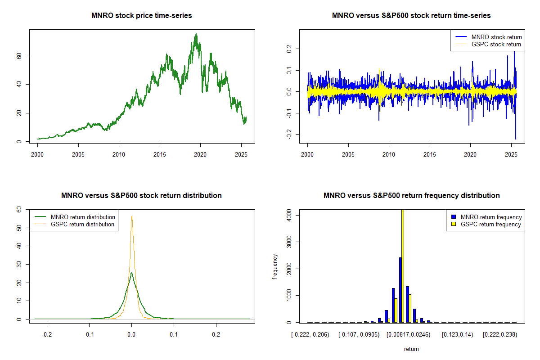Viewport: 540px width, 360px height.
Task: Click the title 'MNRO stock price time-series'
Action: [142, 16]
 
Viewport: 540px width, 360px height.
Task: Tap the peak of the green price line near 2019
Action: [196, 34]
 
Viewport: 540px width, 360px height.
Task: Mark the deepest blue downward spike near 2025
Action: [516, 139]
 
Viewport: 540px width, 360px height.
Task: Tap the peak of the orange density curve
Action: [132, 216]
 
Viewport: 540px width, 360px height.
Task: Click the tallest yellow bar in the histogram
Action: [403, 265]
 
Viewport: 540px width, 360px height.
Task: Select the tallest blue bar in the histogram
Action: [400, 290]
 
